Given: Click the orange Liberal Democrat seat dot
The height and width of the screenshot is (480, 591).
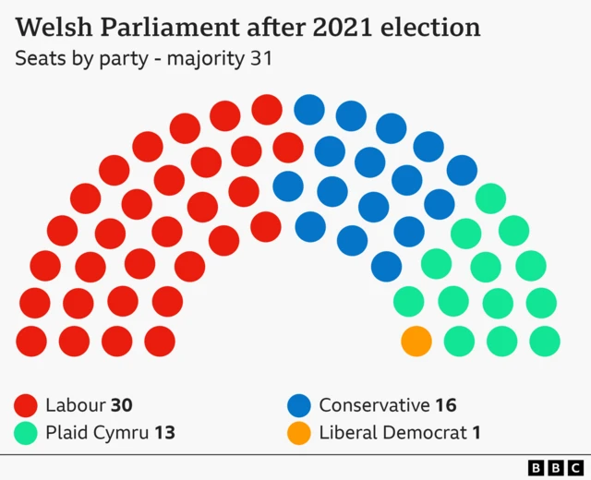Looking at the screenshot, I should coord(416,341).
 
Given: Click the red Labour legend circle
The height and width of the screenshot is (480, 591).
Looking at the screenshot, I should coord(26,405).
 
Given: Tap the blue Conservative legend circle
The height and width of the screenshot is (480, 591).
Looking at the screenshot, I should coord(298,405).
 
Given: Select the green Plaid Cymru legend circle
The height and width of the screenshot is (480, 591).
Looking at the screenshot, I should coord(26,433).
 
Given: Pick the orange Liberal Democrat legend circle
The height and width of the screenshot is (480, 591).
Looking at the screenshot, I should coord(298,433).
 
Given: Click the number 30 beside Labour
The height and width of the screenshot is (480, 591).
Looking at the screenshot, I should coord(122,405).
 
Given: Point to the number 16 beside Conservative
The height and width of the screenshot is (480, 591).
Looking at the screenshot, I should coord(445,405).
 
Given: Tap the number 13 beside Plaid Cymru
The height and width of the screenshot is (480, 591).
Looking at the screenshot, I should coord(163,433).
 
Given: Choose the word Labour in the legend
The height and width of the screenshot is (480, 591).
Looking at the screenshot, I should coord(76,405).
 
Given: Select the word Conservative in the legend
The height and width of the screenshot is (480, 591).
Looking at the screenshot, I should coord(374,405).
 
